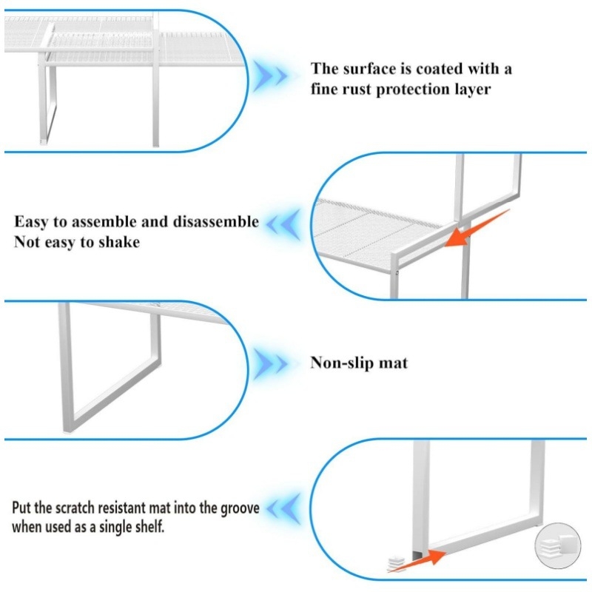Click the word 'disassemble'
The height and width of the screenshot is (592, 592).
[216, 221]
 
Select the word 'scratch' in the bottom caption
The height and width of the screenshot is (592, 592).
[75, 508]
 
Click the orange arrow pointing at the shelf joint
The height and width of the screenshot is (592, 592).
[477, 229]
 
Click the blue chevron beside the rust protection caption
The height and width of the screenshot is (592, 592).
[270, 76]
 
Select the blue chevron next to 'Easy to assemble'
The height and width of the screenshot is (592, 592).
[283, 224]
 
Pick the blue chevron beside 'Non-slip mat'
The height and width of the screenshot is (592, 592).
[270, 363]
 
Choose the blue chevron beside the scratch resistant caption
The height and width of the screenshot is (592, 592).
[283, 508]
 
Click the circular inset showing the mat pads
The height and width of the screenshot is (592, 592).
[558, 545]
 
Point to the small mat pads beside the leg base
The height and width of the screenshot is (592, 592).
[396, 562]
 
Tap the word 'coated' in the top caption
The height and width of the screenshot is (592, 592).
[439, 69]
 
